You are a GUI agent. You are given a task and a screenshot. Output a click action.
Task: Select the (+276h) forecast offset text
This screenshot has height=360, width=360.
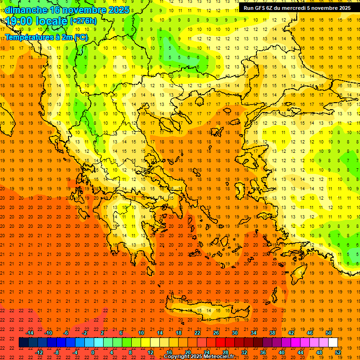pyautogui.click(x=83, y=21)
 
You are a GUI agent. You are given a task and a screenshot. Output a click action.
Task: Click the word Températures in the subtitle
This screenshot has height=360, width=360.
pyautogui.click(x=27, y=37)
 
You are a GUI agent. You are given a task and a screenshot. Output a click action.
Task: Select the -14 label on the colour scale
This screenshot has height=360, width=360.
pyautogui.click(x=30, y=333)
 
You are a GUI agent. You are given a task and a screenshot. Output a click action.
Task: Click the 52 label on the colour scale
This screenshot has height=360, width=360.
pyautogui.click(x=338, y=352)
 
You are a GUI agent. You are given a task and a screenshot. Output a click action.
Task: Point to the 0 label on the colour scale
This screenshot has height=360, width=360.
pyautogui.click(x=93, y=352)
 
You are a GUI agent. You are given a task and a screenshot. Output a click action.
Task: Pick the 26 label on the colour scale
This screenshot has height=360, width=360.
pyautogui.click(x=216, y=333)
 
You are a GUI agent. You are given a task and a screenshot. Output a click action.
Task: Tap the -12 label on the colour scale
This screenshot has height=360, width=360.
pyautogui.click(x=39, y=352)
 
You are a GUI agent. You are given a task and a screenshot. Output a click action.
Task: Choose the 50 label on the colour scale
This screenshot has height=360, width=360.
pyautogui.click(x=329, y=333)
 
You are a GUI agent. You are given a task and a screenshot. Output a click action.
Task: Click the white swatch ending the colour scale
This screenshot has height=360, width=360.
pyautogui.click(x=333, y=343)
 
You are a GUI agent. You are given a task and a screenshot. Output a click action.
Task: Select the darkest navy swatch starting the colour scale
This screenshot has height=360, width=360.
pyautogui.click(x=23, y=343)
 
